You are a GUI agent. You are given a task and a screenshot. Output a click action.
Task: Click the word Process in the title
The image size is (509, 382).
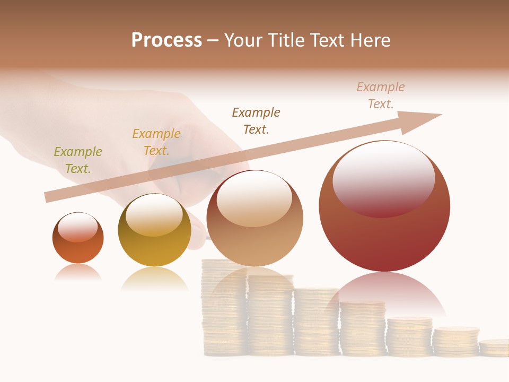(x=166, y=40)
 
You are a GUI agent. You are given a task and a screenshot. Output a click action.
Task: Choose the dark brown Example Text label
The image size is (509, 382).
(x=256, y=121)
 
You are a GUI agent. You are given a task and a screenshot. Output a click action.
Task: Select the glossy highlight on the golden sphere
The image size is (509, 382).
(x=154, y=215)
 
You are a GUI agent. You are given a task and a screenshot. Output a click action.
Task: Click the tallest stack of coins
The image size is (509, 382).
(x=223, y=308)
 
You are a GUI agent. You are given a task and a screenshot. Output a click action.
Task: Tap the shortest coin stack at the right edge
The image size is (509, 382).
(x=494, y=348)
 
